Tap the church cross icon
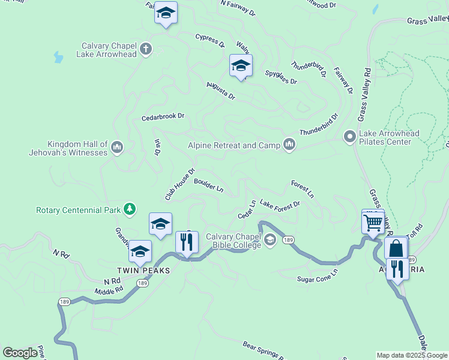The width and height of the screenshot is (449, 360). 145,49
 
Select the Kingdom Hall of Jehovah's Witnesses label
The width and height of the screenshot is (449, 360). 77,148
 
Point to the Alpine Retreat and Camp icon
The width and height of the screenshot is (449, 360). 290,145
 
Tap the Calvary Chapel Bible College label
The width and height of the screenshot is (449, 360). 234,241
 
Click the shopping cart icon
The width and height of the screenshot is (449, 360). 373,223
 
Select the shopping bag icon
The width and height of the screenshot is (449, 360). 396,248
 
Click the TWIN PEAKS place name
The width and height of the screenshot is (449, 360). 143,271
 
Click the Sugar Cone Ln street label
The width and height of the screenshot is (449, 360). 318,275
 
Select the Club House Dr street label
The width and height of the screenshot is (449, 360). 180,184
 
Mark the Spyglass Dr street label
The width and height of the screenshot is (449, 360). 281,77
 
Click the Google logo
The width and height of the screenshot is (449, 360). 20,353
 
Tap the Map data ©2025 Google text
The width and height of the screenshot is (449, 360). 411,355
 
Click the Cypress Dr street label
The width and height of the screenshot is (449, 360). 209,40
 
